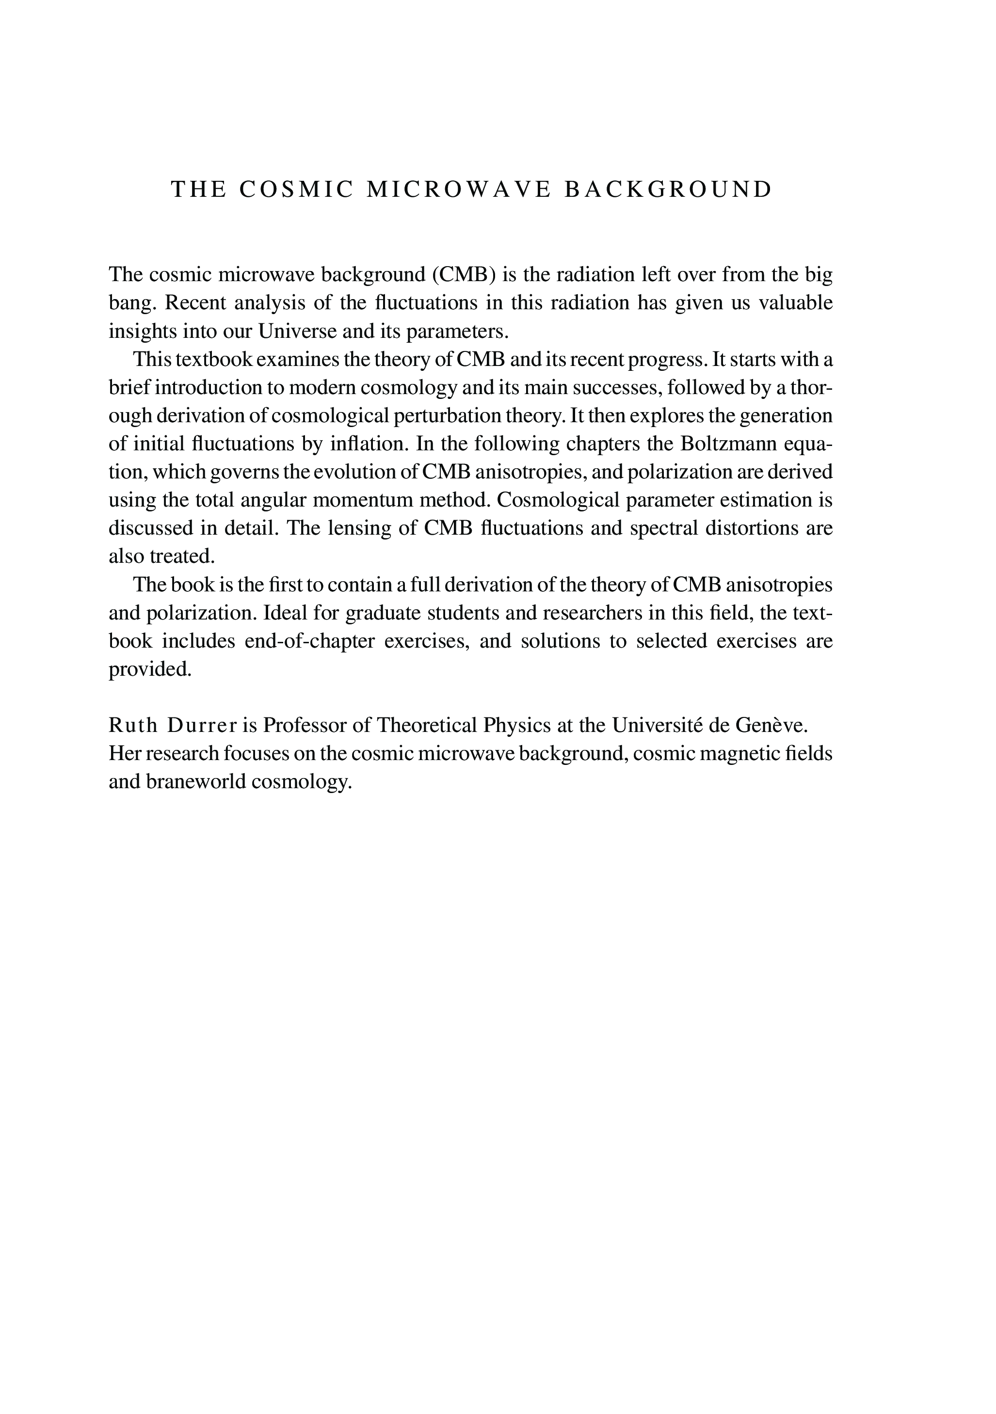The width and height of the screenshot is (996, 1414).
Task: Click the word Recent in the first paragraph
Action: point(196,303)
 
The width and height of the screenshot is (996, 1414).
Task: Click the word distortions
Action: point(745,528)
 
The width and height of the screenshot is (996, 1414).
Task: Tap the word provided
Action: point(150,669)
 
